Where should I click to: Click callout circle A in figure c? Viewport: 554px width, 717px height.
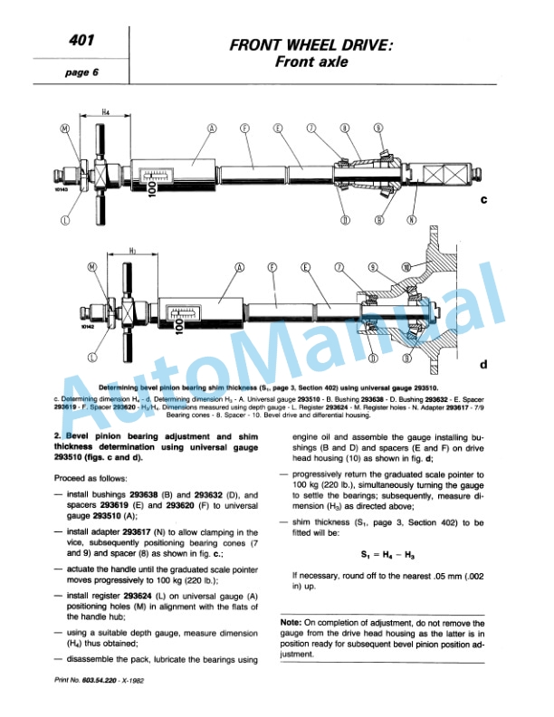pyautogui.click(x=213, y=129)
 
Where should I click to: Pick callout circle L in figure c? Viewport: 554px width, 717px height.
pyautogui.click(x=65, y=218)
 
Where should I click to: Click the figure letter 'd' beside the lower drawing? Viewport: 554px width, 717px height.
pyautogui.click(x=482, y=365)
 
